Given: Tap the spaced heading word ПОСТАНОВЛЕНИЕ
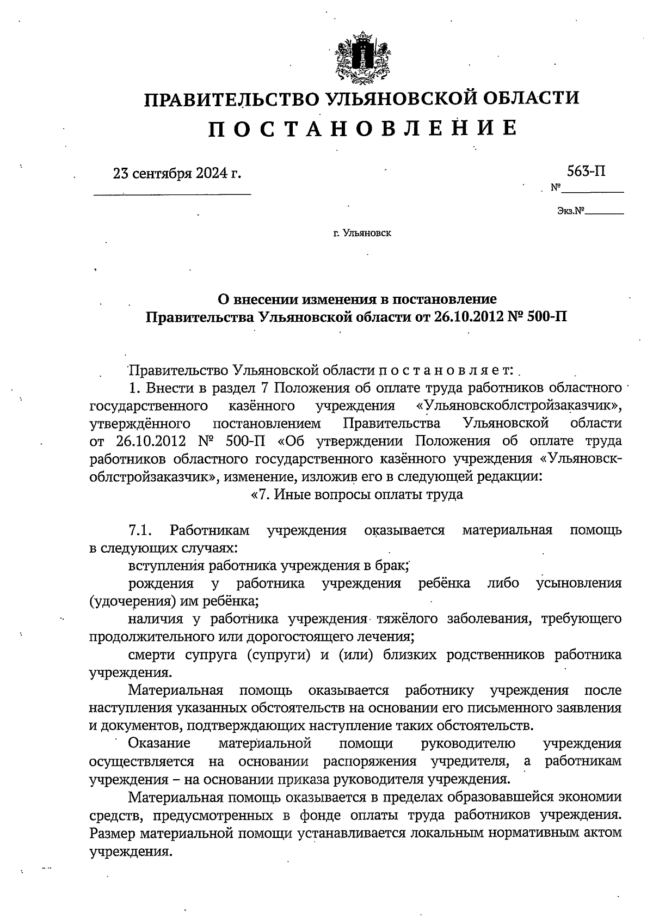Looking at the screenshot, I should [362, 127].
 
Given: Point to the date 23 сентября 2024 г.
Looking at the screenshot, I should [176, 174].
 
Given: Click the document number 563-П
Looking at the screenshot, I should [586, 172].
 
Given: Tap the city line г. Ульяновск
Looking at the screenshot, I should [362, 234].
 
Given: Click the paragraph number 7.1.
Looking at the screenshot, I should [140, 530].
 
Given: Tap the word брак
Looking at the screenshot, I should [393, 566].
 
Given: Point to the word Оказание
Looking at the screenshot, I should [159, 743].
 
